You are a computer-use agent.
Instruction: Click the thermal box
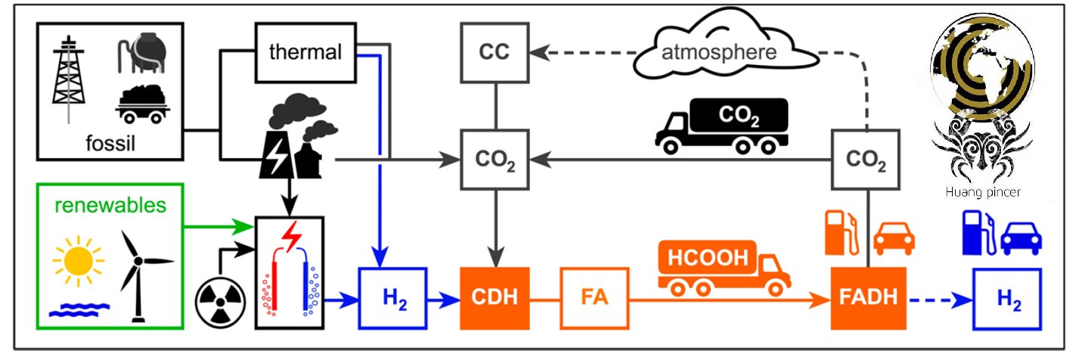(x=305, y=52)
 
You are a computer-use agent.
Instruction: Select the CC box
(x=495, y=53)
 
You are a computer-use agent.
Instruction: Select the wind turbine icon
(x=138, y=272)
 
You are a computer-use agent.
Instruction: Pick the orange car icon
(x=894, y=237)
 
